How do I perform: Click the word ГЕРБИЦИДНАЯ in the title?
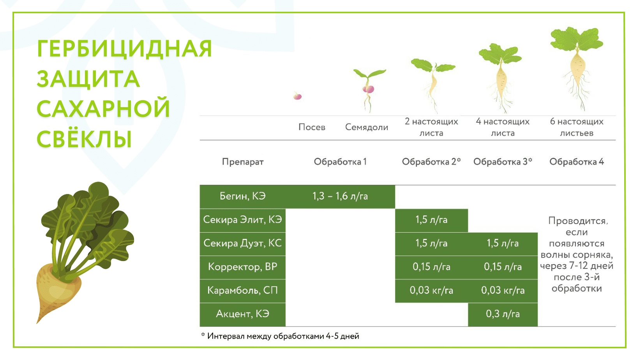coord(124,49)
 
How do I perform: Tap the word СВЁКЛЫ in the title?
coord(85,139)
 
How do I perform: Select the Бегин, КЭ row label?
coord(243,196)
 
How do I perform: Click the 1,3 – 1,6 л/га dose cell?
coord(340,196)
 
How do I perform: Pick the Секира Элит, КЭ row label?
coord(242,220)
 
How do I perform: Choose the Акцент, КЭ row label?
coord(242,314)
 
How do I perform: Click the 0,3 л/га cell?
coord(503,314)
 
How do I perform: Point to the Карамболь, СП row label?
coord(242,290)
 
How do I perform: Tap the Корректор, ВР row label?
coord(242,267)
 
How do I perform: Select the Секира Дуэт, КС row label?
coord(242,244)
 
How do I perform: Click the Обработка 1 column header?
coord(340,162)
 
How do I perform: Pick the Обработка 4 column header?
coord(577,162)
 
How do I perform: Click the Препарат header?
coord(243,162)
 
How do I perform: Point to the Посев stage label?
coord(312,127)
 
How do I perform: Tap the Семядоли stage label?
coord(367,127)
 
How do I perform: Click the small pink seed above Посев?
coord(298,96)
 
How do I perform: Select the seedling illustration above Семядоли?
coord(369,90)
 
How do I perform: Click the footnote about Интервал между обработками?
coord(280,336)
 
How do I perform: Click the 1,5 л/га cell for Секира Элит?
coord(431,220)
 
